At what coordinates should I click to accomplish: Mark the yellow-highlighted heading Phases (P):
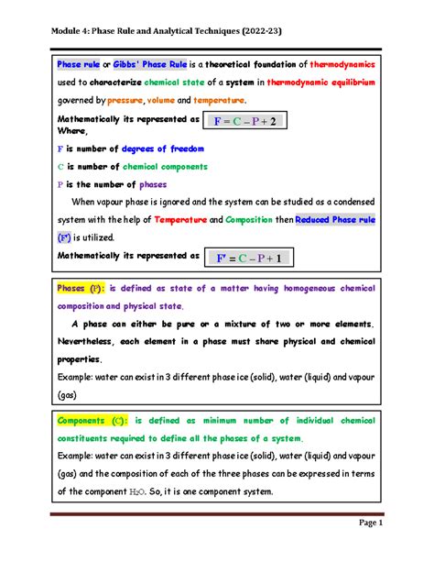coord(81,288)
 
